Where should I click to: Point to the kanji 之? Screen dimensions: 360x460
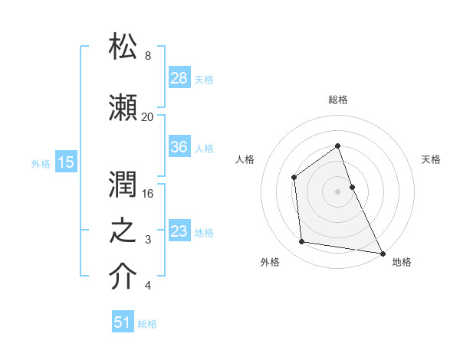coord(123,231)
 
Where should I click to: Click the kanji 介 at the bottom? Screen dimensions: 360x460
coord(123,277)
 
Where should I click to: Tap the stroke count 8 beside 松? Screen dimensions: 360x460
coord(147,56)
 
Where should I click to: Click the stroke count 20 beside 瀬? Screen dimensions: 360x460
coord(147,116)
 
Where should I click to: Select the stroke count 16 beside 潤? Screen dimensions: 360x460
coord(147,193)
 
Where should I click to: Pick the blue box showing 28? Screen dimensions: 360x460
coord(179,78)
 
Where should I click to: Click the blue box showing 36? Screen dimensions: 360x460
coord(179,147)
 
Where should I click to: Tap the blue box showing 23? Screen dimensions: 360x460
coord(179,231)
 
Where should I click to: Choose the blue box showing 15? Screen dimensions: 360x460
coord(66,162)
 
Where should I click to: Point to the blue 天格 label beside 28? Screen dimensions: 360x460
coord(204,79)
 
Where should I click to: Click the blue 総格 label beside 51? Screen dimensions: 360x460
coord(147,323)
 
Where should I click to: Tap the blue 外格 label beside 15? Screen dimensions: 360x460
coord(41,163)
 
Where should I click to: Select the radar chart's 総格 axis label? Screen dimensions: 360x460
coord(337,100)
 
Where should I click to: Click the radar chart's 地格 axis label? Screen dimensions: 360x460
coord(402,262)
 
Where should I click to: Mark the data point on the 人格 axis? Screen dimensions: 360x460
coord(294,178)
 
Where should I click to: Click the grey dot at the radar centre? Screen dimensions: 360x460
coord(337,191)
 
